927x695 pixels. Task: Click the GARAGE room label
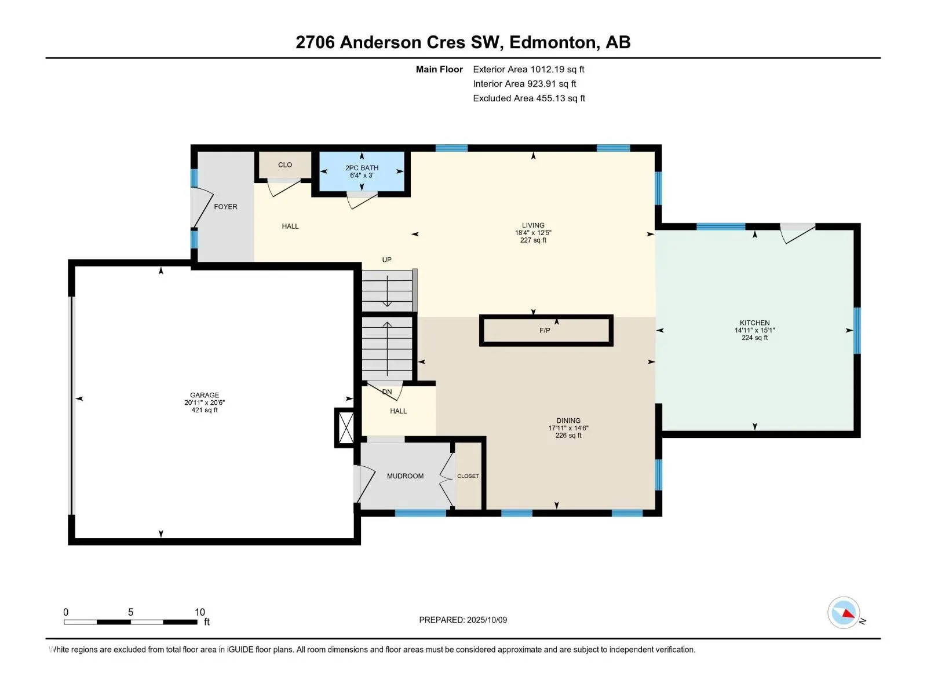(205, 395)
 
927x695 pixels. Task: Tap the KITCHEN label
(754, 323)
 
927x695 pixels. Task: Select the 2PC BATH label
(362, 168)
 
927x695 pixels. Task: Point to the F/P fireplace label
(545, 330)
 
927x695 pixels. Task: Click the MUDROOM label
(405, 476)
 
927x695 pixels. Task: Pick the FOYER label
(225, 207)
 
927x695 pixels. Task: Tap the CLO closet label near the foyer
(285, 165)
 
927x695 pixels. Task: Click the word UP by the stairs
(387, 260)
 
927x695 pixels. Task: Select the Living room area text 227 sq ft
(533, 240)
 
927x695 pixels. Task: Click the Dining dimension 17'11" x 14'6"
(568, 428)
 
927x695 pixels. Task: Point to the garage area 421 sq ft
(205, 410)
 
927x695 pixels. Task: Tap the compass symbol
(844, 613)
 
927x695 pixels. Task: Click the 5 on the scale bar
(130, 612)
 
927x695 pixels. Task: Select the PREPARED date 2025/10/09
(487, 620)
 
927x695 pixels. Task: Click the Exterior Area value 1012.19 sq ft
(557, 69)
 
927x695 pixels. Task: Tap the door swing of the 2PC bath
(362, 200)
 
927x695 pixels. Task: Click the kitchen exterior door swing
(797, 234)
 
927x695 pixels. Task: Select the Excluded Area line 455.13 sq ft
(529, 98)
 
